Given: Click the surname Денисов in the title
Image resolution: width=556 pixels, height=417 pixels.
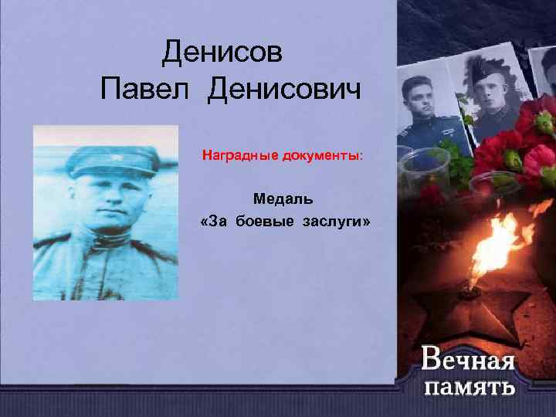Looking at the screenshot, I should coord(223,53).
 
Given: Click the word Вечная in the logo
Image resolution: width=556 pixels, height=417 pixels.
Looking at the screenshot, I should coord(468,359).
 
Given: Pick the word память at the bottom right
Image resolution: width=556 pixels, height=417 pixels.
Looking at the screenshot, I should coord(470,385).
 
